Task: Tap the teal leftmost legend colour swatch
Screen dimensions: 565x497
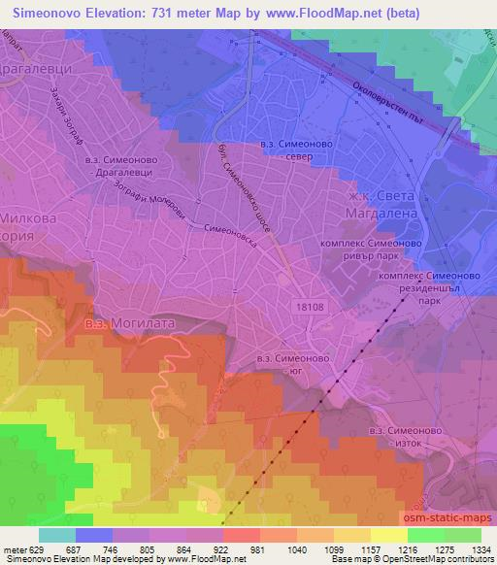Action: click(56, 535)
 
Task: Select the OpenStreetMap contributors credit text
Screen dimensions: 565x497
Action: click(446, 559)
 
